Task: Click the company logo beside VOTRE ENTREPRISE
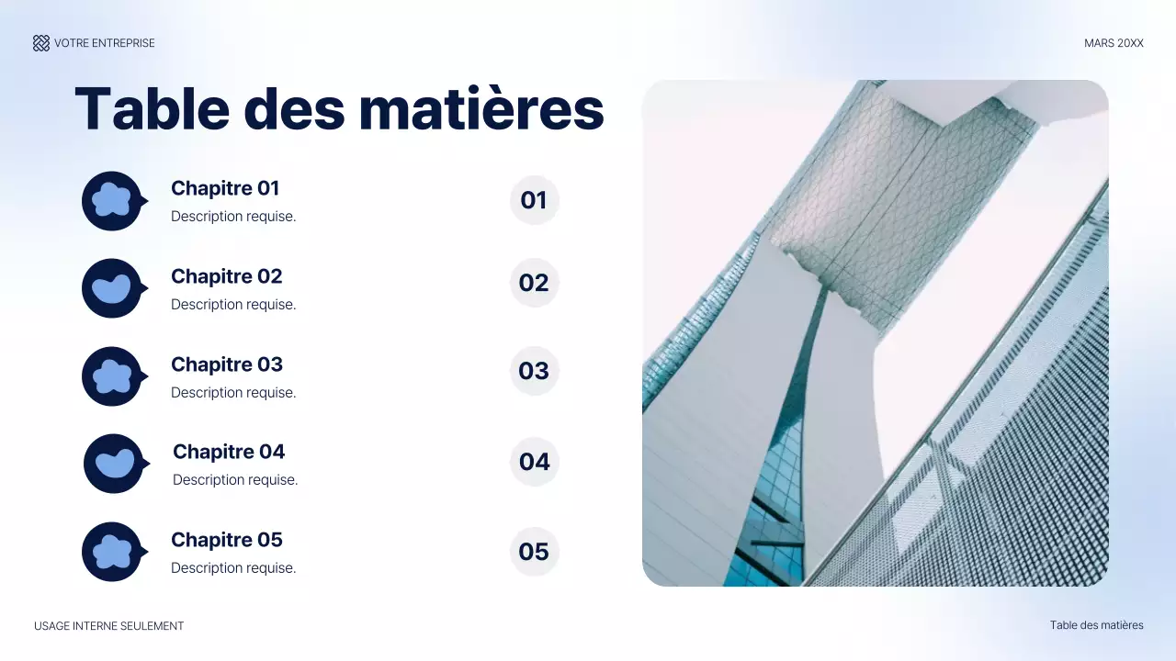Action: (41, 43)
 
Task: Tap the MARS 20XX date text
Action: (1114, 43)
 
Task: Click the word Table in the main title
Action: (152, 108)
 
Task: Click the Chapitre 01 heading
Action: (225, 188)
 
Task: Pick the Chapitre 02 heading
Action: (226, 276)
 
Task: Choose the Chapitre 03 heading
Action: (226, 364)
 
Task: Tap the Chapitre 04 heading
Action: (229, 452)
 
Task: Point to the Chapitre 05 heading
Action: (226, 540)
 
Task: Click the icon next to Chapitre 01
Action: (112, 200)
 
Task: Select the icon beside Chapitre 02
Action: (112, 288)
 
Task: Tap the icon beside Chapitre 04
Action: (114, 464)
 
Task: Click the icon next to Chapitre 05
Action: (112, 552)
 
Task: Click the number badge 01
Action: (534, 200)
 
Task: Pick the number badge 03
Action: (534, 371)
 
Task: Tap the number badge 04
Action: (535, 462)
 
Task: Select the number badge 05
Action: (534, 552)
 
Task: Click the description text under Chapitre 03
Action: (233, 393)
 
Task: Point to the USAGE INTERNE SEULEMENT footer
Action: (108, 626)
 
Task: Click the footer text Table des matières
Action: (1096, 625)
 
